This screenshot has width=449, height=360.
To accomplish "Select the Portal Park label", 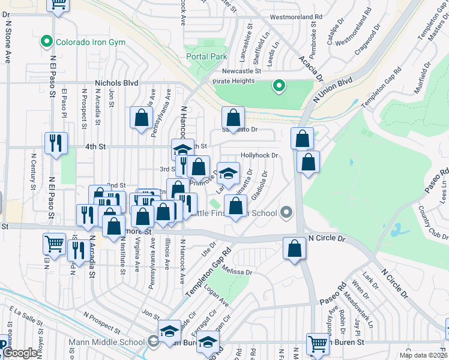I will click(x=206, y=56).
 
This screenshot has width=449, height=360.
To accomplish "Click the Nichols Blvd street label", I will click(x=116, y=83).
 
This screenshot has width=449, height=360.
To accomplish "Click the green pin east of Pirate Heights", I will click(x=279, y=86).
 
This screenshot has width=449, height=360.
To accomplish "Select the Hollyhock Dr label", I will click(x=260, y=155).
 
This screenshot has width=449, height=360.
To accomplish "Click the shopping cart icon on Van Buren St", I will click(x=318, y=344).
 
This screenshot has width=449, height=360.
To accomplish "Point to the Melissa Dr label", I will click(x=236, y=271).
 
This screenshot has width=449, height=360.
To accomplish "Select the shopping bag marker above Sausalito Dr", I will click(x=233, y=117).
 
